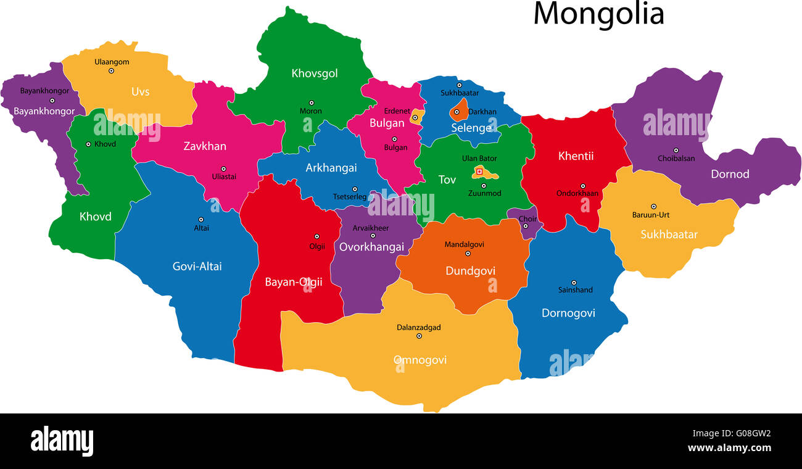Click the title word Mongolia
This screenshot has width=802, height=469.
[598, 14]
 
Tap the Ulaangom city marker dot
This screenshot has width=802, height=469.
[112, 71]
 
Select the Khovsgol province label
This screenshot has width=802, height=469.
[315, 73]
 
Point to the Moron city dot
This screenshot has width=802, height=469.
[312, 103]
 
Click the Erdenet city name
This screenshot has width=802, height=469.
[397, 111]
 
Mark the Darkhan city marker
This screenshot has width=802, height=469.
[457, 112]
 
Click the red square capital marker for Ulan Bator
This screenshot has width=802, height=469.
[479, 172]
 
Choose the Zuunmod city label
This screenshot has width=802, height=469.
[484, 193]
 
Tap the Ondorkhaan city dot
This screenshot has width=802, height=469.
[582, 186]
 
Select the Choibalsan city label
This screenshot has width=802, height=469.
[676, 159]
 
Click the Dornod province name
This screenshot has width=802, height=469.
[730, 174]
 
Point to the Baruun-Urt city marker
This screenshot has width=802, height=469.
[653, 207]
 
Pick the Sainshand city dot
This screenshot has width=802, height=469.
[574, 283]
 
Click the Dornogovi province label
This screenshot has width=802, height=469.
[568, 313]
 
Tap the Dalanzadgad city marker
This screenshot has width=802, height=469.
[420, 336]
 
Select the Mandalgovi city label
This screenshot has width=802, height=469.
[465, 244]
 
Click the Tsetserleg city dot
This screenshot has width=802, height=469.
[355, 189]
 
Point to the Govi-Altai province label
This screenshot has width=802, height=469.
[197, 267]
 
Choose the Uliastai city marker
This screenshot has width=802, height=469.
[223, 168]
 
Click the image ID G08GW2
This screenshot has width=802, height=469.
[750, 433]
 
